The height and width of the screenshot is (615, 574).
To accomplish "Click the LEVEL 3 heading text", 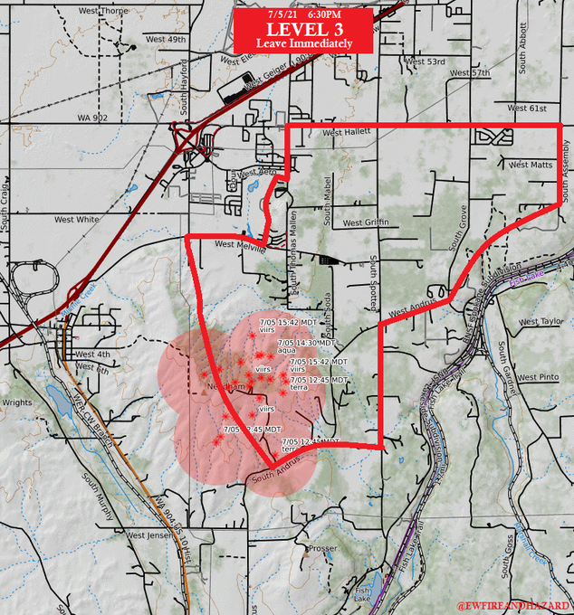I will pyautogui.click(x=302, y=29).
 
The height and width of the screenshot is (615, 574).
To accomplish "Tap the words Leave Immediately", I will pyautogui.click(x=302, y=43).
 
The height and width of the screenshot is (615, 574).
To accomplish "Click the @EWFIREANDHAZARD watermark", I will pyautogui.click(x=513, y=603).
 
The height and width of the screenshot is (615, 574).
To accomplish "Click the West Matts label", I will pyautogui.click(x=531, y=165).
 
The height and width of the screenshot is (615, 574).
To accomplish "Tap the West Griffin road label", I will pyautogui.click(x=365, y=222).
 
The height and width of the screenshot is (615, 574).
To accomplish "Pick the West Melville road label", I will pyautogui.click(x=240, y=244).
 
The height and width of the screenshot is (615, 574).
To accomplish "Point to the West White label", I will pyautogui.click(x=77, y=219).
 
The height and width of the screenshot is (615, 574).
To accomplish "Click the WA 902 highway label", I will pyautogui.click(x=92, y=118).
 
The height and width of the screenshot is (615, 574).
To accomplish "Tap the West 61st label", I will pyautogui.click(x=527, y=109).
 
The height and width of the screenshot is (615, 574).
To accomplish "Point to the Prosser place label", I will pyautogui.click(x=322, y=548).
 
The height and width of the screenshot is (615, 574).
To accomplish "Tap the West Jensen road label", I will pyautogui.click(x=148, y=535).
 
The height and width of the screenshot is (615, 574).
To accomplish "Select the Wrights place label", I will pyautogui.click(x=17, y=402).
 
